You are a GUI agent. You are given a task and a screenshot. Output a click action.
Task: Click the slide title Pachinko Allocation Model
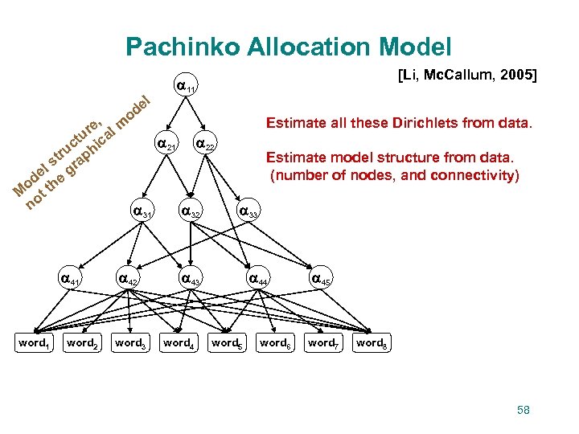pos(289,47)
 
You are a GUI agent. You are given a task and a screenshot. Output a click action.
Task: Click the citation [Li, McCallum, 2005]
pos(467,76)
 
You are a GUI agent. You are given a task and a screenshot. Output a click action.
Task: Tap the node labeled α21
pos(166,145)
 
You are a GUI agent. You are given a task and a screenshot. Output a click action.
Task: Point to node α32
pos(190,213)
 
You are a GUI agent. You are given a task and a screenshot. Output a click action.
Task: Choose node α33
pos(248,213)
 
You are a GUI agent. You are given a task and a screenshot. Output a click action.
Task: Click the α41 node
pos(72,280)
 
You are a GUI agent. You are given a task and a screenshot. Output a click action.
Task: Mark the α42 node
pos(129,280)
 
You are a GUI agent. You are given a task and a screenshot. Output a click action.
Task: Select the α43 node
pos(190,280)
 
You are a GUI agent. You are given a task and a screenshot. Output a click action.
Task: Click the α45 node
pos(322,280)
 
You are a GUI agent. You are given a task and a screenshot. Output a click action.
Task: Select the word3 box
pos(129,344)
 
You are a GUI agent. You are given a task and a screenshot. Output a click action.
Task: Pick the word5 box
pos(226,344)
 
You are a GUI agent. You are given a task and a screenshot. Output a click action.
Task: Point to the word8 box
pos(371,344)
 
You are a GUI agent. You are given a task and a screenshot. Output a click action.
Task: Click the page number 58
pos(524,410)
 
